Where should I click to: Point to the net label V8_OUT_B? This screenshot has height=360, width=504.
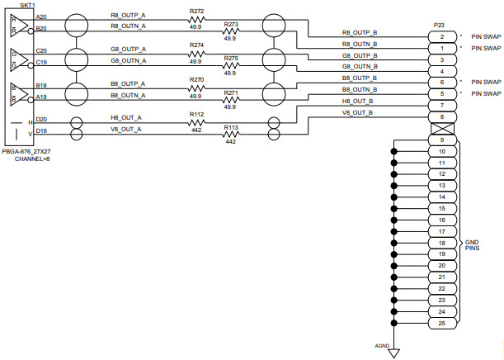pyautogui.click(x=357, y=112)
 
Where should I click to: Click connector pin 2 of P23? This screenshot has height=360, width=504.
pyautogui.click(x=442, y=37)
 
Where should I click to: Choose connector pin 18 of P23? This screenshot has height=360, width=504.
pyautogui.click(x=442, y=244)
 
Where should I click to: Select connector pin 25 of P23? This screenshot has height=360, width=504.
pyautogui.click(x=442, y=323)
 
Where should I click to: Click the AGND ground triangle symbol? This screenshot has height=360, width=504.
pyautogui.click(x=394, y=353)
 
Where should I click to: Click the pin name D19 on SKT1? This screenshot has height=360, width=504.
pyautogui.click(x=41, y=130)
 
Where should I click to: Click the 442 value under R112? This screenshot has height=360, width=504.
pyautogui.click(x=195, y=130)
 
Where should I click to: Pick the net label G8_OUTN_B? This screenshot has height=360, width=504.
pyautogui.click(x=360, y=66)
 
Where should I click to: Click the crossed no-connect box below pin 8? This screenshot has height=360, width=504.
pyautogui.click(x=442, y=129)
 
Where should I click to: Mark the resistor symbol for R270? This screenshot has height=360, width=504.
pyautogui.click(x=195, y=88)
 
